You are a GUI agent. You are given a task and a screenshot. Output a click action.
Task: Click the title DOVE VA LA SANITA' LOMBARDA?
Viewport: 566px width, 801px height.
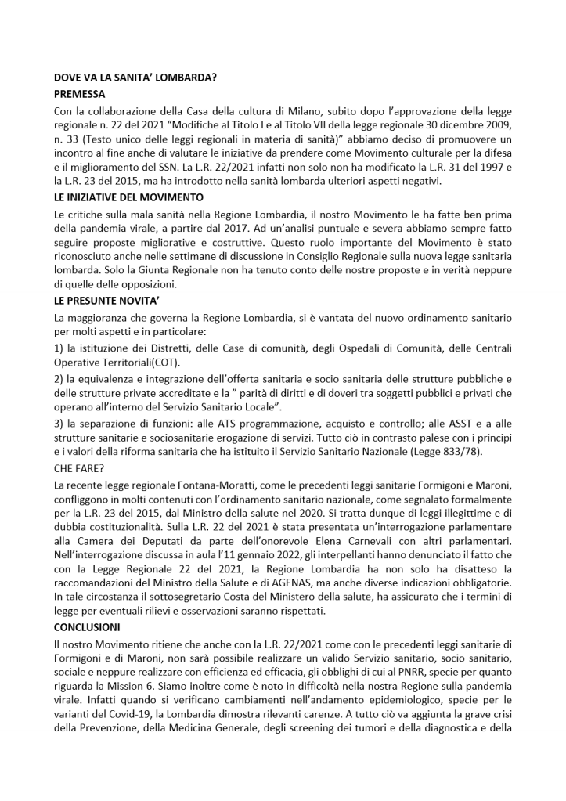click(135, 78)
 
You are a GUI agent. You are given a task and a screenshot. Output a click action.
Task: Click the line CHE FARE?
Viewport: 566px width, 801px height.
click(78, 469)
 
